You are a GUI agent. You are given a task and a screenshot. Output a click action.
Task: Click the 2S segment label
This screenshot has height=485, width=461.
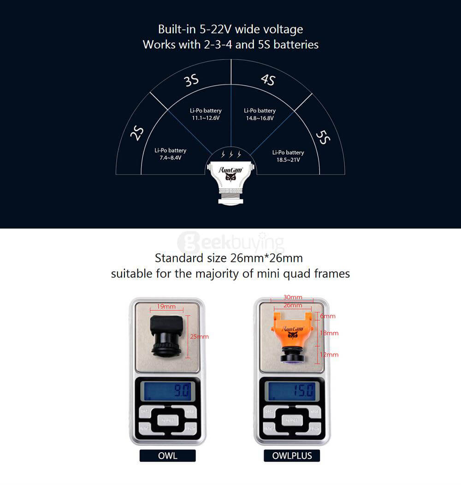(137, 133)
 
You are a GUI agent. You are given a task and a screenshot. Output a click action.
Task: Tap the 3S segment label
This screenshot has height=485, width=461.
(191, 81)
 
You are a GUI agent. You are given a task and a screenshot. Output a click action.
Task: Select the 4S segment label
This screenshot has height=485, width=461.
(268, 80)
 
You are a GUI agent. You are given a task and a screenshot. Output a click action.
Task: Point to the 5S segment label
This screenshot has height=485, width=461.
(323, 137)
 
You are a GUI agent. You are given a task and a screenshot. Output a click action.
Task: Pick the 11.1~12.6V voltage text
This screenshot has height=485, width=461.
(206, 118)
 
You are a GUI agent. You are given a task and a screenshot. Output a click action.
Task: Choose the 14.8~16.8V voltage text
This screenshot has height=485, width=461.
(260, 118)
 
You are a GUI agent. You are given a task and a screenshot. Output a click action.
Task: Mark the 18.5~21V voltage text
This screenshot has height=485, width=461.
(288, 160)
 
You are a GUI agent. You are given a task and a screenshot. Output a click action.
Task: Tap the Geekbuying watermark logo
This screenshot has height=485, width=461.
(230, 241)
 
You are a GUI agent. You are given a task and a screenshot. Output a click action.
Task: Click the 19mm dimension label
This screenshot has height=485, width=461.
(166, 307)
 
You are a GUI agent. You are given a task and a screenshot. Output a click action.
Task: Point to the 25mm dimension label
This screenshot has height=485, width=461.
(199, 337)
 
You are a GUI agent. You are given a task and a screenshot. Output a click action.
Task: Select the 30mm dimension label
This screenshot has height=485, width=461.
(292, 297)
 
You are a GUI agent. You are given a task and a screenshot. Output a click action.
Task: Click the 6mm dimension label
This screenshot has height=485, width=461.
(328, 316)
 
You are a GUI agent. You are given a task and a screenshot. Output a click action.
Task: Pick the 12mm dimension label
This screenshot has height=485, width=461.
(330, 355)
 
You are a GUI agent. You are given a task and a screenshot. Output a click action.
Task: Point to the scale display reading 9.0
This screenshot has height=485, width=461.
(169, 391)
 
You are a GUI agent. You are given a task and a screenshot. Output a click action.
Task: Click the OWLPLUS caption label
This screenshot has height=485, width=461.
(292, 456)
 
